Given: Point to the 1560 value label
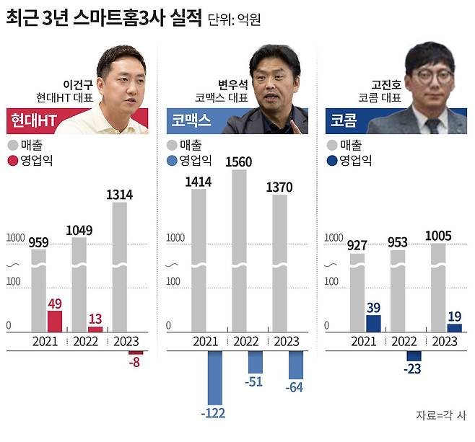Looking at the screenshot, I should pyautogui.click(x=238, y=162).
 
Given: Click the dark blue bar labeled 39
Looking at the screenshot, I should pyautogui.click(x=373, y=323).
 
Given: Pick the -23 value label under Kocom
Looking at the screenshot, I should pyautogui.click(x=414, y=369).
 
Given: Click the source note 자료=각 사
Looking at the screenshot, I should pyautogui.click(x=441, y=415).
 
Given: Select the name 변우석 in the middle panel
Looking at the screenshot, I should pyautogui.click(x=232, y=84).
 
